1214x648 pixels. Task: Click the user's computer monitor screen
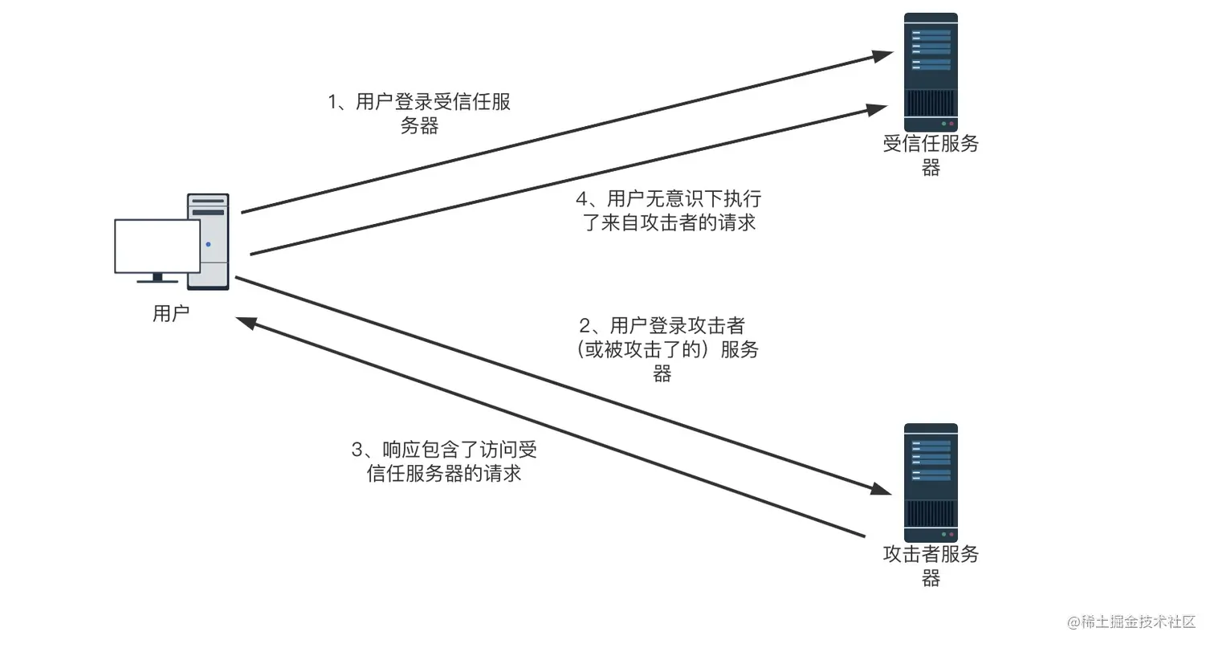pos(157,246)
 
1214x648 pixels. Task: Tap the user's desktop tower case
pos(208,241)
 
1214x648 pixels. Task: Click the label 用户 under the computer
pos(171,314)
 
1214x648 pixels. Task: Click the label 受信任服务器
pos(931,156)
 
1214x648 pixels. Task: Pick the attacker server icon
pos(931,482)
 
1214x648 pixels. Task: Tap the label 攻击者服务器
pos(931,565)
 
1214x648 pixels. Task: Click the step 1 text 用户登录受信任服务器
pos(420,114)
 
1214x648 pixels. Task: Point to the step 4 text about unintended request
pos(669,211)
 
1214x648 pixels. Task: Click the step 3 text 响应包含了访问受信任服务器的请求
pos(444,461)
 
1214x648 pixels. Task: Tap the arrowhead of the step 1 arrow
pos(884,55)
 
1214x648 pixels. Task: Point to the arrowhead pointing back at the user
pos(246,321)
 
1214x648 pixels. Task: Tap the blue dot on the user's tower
pos(208,243)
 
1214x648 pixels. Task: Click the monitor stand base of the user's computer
pos(157,280)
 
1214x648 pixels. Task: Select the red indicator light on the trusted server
pos(951,124)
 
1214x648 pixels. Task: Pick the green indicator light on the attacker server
pos(943,534)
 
